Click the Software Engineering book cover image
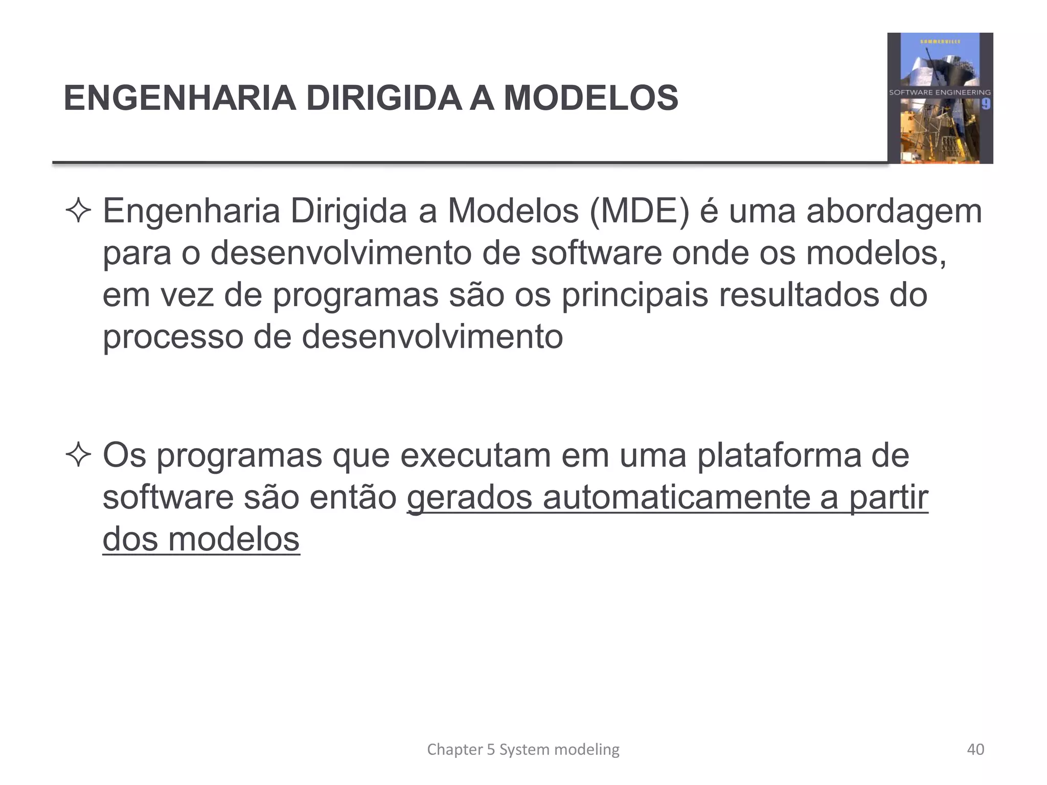(x=940, y=98)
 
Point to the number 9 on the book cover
(x=986, y=104)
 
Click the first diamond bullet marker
(x=78, y=212)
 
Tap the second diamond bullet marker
(x=78, y=455)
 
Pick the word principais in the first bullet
(x=635, y=295)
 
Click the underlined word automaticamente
(x=676, y=497)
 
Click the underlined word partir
(x=889, y=497)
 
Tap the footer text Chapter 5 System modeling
(x=523, y=749)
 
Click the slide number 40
(x=975, y=749)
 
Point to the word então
(x=353, y=497)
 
